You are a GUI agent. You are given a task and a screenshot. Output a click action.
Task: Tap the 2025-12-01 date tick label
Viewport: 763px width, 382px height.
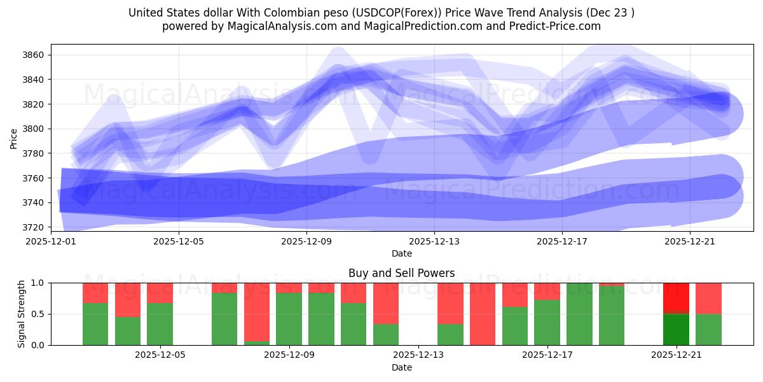51,242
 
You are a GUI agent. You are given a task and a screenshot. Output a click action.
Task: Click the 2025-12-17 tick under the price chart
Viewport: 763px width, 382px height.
561,242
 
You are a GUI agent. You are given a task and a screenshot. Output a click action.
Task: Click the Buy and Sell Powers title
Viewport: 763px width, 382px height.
401,273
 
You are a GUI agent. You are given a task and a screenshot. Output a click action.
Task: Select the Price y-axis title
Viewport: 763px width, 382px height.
14,138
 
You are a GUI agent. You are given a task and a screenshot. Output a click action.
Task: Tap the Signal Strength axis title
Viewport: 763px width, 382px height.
21,314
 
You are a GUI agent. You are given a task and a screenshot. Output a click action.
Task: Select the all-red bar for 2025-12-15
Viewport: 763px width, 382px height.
483,314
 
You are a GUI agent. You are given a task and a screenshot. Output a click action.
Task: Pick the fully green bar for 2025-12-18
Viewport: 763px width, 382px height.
579,314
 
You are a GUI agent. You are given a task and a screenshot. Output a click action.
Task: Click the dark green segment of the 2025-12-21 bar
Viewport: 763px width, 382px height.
676,329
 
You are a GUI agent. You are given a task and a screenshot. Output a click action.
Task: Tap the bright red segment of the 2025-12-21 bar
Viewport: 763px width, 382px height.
676,297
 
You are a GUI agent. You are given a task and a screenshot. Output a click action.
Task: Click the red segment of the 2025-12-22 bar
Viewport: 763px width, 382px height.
708,298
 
